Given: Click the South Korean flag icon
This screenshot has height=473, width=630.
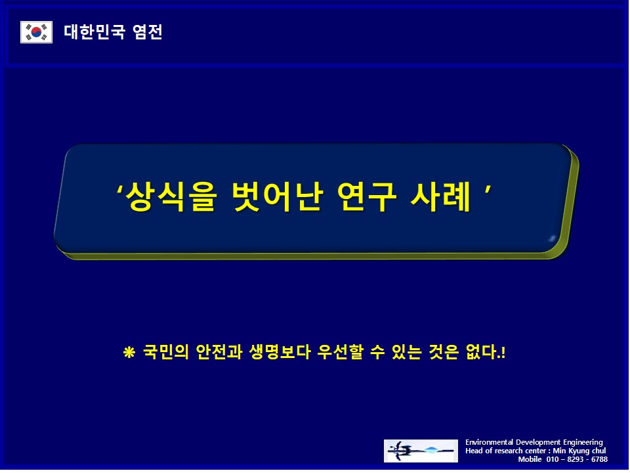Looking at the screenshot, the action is coord(36,32).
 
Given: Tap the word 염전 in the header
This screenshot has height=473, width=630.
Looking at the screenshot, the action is coord(148,32).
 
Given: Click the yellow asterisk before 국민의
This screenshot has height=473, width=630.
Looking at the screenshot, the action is coord(129,353).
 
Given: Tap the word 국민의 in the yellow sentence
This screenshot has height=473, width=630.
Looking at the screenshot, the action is coord(166,352).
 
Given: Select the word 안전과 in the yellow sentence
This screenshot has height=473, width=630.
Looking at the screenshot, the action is coord(219,352).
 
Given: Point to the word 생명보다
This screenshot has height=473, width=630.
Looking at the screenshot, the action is coord(280,352).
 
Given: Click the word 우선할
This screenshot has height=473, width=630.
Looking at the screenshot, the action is coord(340,352).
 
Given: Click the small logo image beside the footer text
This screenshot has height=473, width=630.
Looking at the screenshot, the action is coord(421,451).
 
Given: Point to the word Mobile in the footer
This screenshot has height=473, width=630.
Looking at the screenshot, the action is coord(530,459).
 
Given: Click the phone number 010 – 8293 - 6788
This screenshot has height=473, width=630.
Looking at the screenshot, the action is coord(577,459).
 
